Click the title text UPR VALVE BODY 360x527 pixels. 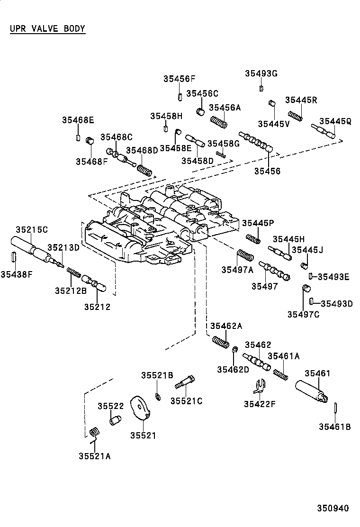click(47, 28)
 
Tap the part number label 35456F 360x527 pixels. click(180, 79)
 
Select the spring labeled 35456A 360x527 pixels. click(219, 121)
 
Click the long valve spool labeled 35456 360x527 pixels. click(256, 142)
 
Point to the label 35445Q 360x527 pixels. click(335, 121)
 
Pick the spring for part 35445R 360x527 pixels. click(295, 116)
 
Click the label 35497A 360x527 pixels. click(237, 270)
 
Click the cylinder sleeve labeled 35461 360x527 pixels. click(312, 391)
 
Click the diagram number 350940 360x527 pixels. click(333, 508)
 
